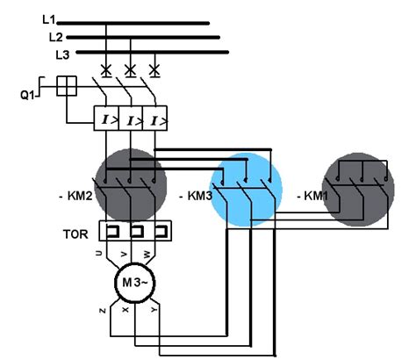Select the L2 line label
pos(54,37)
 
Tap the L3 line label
pos(62,54)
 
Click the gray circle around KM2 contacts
pos(130,185)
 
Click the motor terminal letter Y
pos(154,309)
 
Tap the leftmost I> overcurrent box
pos(106,119)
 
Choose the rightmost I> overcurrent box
pos(155,119)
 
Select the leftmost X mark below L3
pos(106,68)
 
